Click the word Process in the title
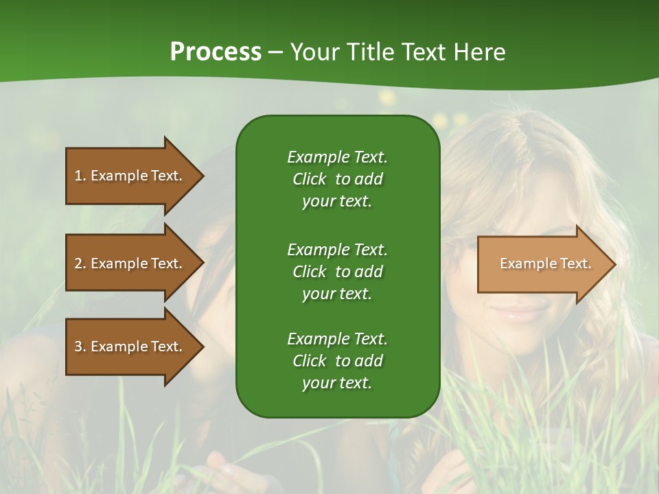tap(216, 52)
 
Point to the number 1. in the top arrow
tap(80, 176)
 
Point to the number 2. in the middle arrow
tap(80, 263)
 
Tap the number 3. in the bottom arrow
tap(80, 346)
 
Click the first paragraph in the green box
tap(337, 179)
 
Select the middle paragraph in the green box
tap(337, 271)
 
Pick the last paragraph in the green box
tap(337, 361)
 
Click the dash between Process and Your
tap(275, 53)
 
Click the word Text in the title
tap(422, 52)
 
